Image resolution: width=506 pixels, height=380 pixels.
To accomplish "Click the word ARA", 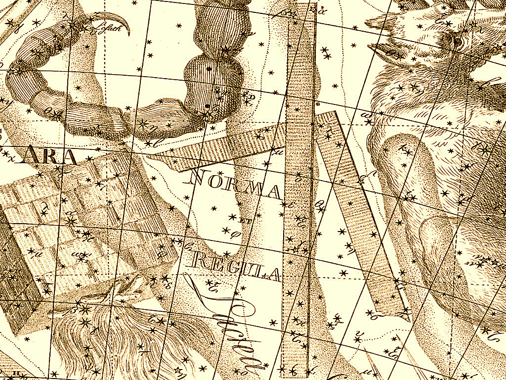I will coord(52,156).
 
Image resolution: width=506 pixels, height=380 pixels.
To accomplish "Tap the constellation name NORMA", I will coord(235,185).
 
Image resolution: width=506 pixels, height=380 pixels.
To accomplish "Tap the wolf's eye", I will coord(458,42).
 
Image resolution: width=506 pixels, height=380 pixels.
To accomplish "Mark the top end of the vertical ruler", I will coord(301,6).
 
